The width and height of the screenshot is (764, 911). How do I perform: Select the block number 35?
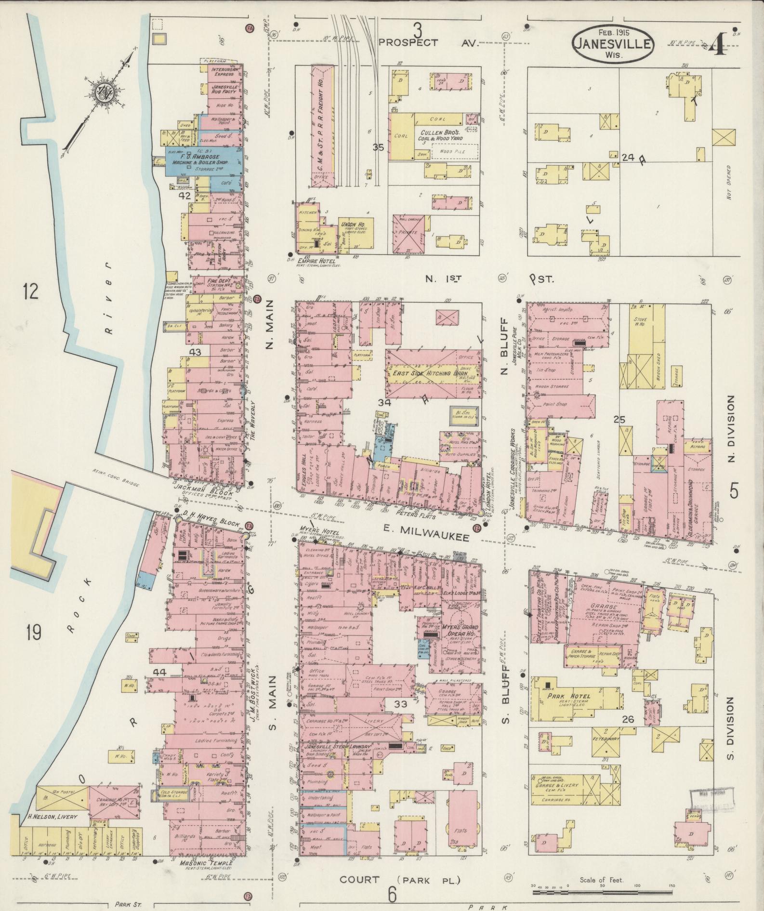click(x=378, y=148)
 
